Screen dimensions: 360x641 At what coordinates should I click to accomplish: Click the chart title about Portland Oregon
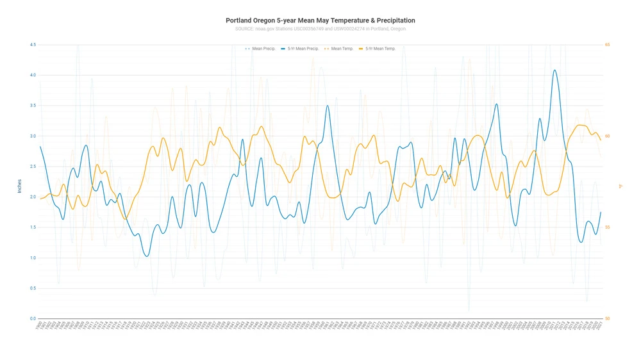[x=320, y=20]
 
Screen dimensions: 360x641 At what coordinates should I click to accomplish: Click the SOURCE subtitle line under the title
[x=320, y=29]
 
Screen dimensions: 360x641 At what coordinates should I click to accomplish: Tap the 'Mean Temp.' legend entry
[x=342, y=49]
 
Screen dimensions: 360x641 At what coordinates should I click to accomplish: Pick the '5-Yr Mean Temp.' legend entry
[x=380, y=49]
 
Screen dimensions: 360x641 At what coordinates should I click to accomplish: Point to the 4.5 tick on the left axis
[x=32, y=45]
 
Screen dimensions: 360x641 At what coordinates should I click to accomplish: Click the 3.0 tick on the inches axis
[x=32, y=136]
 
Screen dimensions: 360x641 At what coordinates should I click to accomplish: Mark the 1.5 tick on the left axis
[x=32, y=227]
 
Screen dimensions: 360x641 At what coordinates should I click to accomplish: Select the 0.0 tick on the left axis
[x=32, y=319]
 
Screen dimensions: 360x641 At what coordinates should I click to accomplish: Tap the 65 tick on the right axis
[x=607, y=45]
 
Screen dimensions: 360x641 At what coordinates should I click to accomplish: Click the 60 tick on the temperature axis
[x=607, y=136]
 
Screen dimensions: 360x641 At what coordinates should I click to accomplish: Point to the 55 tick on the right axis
[x=607, y=227]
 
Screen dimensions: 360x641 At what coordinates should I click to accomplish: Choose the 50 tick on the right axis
[x=607, y=319]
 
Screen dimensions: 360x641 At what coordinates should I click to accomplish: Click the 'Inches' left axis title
[x=19, y=186]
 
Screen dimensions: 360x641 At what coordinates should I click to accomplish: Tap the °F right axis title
[x=620, y=186]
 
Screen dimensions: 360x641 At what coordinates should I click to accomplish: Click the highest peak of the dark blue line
[x=554, y=70]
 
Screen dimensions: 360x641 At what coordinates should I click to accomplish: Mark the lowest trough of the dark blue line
[x=147, y=256]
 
